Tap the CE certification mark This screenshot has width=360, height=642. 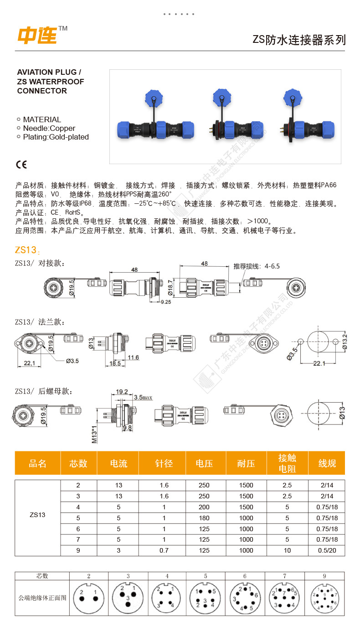21,165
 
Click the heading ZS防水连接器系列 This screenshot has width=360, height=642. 299,40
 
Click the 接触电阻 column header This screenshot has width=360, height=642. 287,463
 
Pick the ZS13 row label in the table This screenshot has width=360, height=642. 37,515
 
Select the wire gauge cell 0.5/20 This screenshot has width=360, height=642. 327,550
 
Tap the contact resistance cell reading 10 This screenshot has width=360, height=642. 287,550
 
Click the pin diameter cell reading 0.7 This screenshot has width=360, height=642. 164,550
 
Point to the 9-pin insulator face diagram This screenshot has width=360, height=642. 324,597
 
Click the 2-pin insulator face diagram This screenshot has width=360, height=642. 88,597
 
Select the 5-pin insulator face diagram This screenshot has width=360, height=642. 206,597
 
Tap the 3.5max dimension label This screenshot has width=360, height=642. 143,398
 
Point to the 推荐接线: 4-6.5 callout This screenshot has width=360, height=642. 257,266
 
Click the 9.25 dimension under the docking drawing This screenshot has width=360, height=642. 165,302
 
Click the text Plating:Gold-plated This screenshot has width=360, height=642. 56,137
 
